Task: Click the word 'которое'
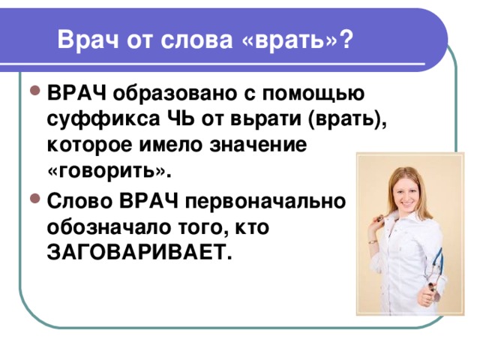click(x=91, y=145)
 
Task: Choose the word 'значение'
click(x=259, y=145)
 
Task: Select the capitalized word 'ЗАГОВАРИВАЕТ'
click(x=135, y=253)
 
